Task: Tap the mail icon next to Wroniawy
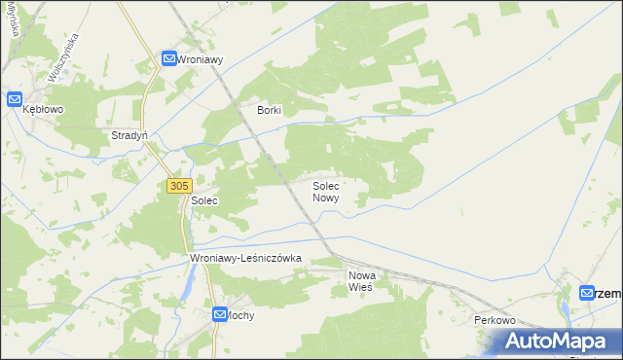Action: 168,59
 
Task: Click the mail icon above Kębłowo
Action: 16,99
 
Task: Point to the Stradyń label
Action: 129,136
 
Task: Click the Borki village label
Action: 269,111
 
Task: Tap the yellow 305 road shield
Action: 178,185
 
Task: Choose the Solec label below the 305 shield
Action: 203,200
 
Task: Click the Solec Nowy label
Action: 325,191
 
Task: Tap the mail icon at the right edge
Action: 586,292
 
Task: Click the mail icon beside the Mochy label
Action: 221,314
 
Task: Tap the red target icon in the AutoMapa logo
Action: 514,341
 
